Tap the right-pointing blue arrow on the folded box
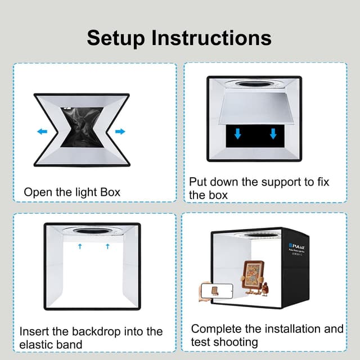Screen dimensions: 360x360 pos(120,132)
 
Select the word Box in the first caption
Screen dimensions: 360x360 pos(109,192)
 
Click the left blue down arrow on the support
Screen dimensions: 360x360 pos(238,133)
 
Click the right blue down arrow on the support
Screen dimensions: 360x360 pos(273,133)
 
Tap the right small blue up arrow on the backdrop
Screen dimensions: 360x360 pos(107,246)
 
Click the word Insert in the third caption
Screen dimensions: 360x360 pos(35,331)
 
